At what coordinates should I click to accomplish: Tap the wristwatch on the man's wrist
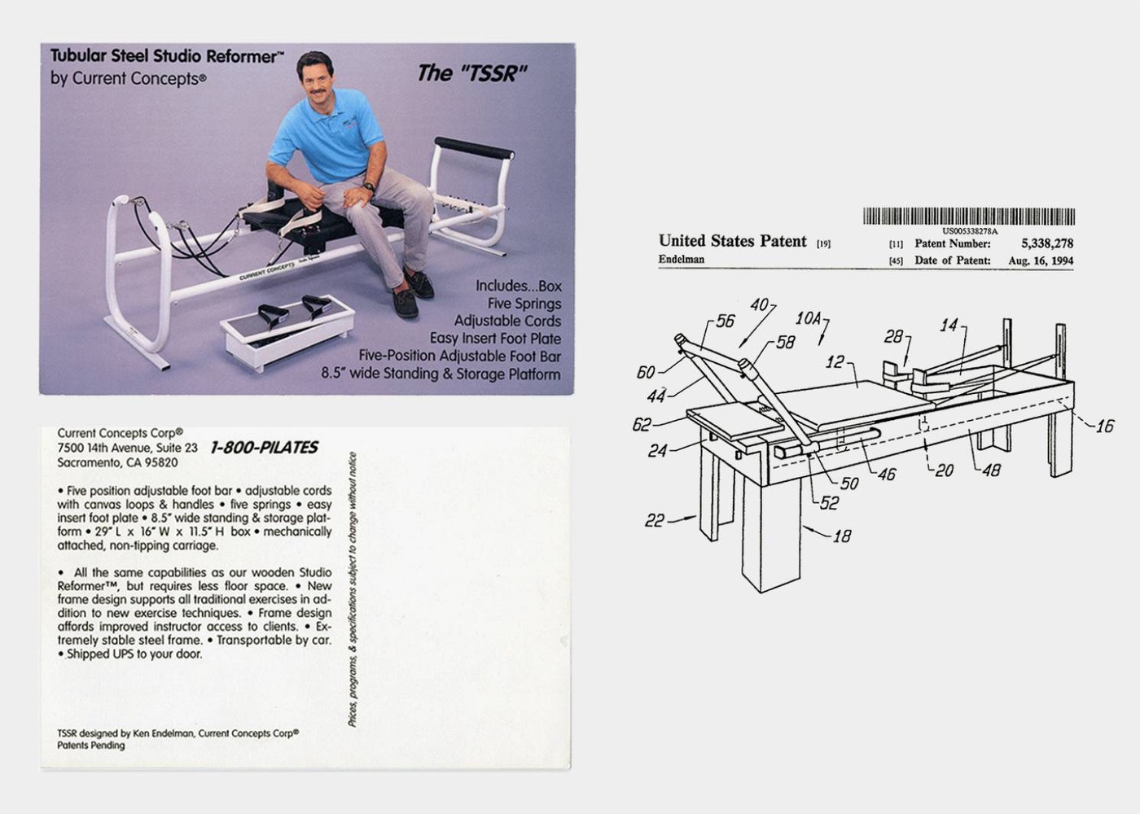tap(369, 188)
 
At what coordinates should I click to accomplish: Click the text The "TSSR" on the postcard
tap(471, 73)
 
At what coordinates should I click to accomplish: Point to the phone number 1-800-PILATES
tap(264, 447)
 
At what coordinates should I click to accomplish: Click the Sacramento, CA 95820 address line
tap(117, 462)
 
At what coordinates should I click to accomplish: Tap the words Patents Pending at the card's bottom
tap(91, 745)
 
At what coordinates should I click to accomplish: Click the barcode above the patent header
tap(968, 217)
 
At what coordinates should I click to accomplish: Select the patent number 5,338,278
tap(1046, 243)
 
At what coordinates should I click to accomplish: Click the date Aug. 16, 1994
tap(1040, 260)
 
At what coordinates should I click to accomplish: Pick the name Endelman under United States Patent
tap(682, 260)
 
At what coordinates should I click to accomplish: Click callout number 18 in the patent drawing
tap(842, 536)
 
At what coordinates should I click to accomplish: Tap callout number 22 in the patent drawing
tap(654, 520)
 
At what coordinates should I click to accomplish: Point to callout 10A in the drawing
tap(809, 318)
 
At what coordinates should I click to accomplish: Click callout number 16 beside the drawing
tap(1103, 427)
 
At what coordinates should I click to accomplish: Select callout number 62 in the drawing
tap(642, 424)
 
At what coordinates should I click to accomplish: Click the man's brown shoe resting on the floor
tap(405, 303)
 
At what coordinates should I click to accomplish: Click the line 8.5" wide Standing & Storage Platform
tap(441, 374)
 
